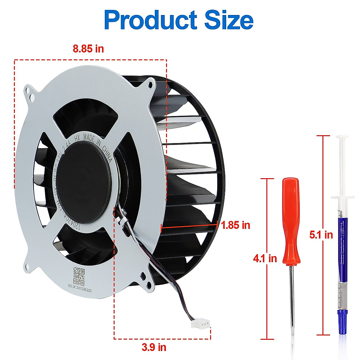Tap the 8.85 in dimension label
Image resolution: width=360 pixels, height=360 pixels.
tap(88, 49)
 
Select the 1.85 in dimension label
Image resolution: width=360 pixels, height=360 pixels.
tap(235, 225)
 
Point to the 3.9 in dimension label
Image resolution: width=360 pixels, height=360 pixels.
tap(154, 347)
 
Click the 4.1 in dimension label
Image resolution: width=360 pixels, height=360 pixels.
tap(265, 258)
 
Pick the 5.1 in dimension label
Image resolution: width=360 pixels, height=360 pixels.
tap(321, 235)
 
